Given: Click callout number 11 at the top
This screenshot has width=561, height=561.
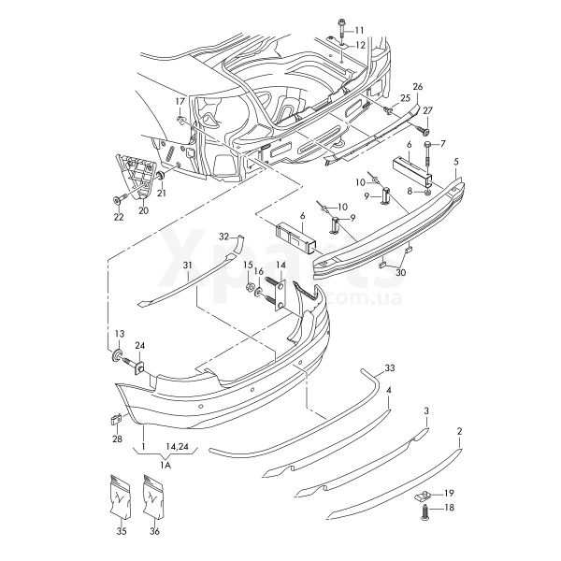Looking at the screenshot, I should click(x=360, y=31).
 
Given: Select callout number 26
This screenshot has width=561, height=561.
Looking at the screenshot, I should click(x=418, y=86).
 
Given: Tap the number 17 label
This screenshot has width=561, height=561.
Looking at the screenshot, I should click(x=180, y=101).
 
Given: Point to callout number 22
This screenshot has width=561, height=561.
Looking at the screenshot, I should click(x=119, y=217).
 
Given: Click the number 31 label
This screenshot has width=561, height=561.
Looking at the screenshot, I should click(x=187, y=266).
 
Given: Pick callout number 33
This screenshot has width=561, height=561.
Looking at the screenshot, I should click(x=390, y=367).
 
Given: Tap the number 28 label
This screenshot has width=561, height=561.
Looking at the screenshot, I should click(x=117, y=439).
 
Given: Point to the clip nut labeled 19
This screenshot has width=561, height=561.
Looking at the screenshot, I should click(x=422, y=493).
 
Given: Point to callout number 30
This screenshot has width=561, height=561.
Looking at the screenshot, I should click(x=401, y=273).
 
